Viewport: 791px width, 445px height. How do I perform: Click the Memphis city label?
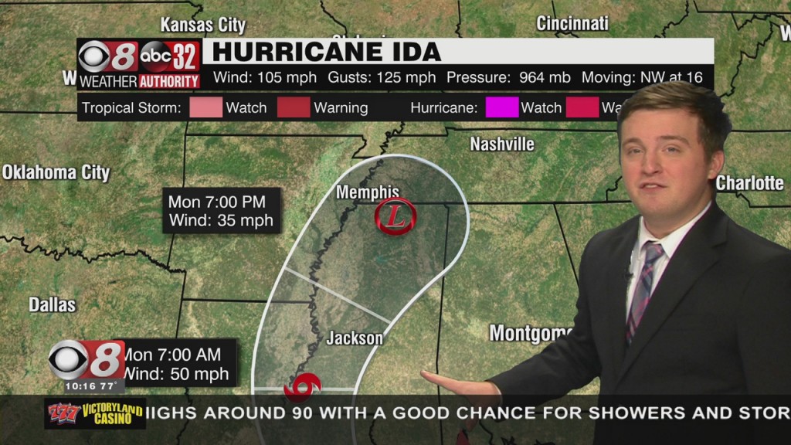(x=368, y=192)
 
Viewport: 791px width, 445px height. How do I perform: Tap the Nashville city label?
(x=502, y=144)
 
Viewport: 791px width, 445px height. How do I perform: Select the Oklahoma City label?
(x=56, y=172)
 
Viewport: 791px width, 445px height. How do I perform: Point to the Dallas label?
(x=53, y=304)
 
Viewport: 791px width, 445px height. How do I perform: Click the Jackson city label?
(x=355, y=338)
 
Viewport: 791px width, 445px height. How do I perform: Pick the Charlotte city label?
(x=749, y=183)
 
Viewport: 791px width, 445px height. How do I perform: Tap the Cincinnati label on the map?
(x=572, y=23)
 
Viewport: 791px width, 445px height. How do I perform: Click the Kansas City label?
(x=203, y=25)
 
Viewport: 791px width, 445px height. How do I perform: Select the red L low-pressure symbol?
(x=395, y=217)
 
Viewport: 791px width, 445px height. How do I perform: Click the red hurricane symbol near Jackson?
(x=303, y=385)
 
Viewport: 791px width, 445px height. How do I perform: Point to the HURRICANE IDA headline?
(x=327, y=52)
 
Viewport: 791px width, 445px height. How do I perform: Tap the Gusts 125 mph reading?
(x=382, y=78)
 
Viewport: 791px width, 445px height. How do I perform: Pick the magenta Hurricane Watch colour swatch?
(x=501, y=107)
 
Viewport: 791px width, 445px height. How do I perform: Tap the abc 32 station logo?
(x=171, y=56)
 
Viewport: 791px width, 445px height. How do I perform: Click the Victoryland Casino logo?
(x=95, y=413)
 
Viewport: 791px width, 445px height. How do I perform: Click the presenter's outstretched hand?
(x=456, y=382)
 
